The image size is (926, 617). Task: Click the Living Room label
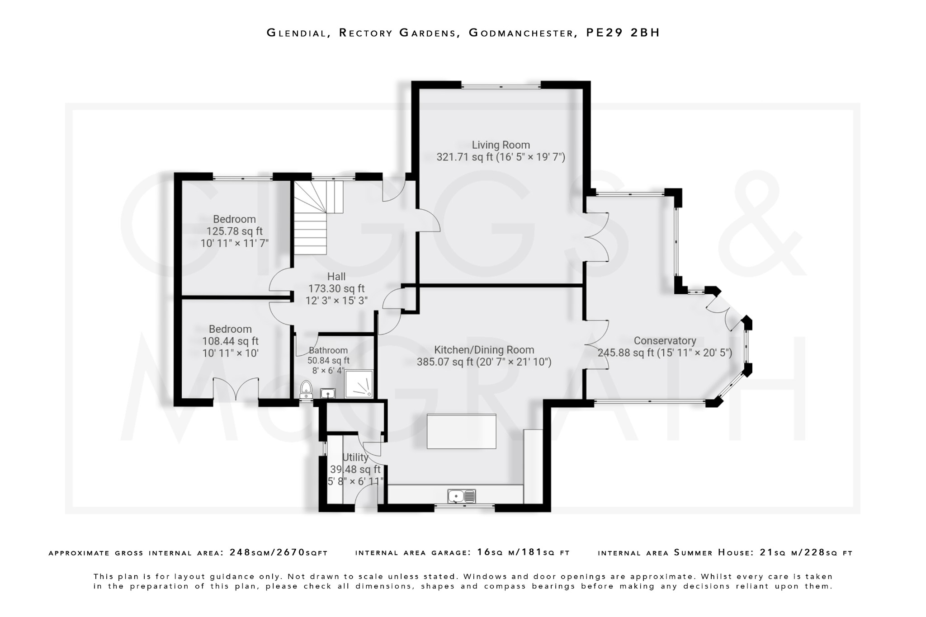pyautogui.click(x=501, y=145)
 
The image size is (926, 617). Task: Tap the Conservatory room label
pyautogui.click(x=665, y=341)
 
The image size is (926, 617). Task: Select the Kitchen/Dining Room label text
pyautogui.click(x=484, y=350)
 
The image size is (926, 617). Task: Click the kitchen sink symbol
pyautogui.click(x=462, y=496)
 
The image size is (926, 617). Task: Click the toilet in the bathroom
pyautogui.click(x=306, y=388)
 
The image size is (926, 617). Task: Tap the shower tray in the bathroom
pyautogui.click(x=359, y=384)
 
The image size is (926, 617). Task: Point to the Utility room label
pyautogui.click(x=355, y=457)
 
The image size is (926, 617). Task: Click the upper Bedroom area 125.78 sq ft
pyautogui.click(x=234, y=231)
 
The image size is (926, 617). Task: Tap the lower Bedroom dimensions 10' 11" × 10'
pyautogui.click(x=230, y=353)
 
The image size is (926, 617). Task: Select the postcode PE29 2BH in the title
pyautogui.click(x=623, y=33)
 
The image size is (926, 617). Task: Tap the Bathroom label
pyautogui.click(x=328, y=350)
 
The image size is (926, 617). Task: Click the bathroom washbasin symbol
pyautogui.click(x=327, y=393)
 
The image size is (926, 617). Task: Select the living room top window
pyautogui.click(x=501, y=85)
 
